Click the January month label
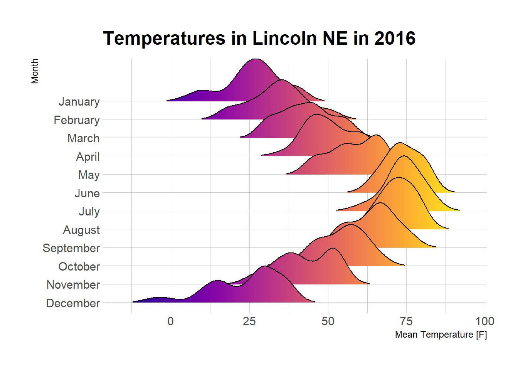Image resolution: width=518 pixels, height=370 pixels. click(x=79, y=102)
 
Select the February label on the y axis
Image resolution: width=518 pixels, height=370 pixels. click(x=77, y=120)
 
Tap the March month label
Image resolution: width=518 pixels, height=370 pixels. click(x=83, y=138)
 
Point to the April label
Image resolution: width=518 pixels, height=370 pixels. click(x=88, y=157)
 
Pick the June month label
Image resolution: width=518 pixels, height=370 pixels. click(x=87, y=193)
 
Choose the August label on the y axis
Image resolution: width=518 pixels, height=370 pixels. click(x=81, y=230)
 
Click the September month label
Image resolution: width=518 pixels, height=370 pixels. click(x=71, y=248)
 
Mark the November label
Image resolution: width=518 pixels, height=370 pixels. click(x=73, y=285)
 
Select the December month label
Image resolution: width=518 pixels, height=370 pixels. click(x=73, y=303)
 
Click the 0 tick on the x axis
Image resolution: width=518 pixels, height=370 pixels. click(x=171, y=321)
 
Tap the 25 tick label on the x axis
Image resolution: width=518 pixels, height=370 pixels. click(x=249, y=321)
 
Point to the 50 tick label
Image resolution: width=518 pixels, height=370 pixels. click(x=328, y=321)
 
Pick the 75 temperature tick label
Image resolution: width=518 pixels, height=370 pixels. click(x=406, y=321)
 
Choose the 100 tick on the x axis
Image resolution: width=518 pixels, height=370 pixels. click(x=484, y=321)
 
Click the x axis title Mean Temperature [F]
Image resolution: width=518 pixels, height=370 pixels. click(x=441, y=335)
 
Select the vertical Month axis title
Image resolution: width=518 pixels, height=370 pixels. click(x=35, y=71)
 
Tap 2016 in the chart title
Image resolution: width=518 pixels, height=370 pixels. click(x=395, y=39)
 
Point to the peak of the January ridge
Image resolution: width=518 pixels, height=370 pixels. click(x=255, y=59)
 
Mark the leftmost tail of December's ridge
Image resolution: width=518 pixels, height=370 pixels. click(x=133, y=302)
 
